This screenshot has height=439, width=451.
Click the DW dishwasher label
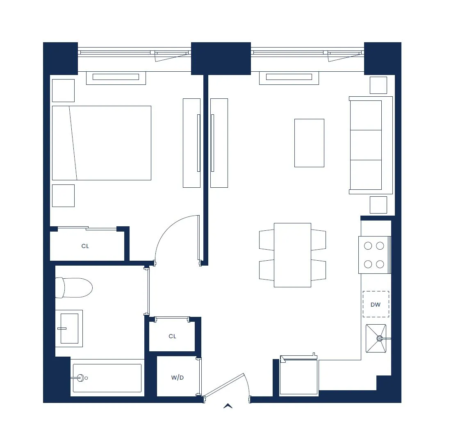[376, 305]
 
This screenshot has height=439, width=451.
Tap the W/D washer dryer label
[178, 378]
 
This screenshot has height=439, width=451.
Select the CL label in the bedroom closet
[85, 246]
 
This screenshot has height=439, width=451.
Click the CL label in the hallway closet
[172, 336]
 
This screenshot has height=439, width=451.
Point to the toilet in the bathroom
[74, 288]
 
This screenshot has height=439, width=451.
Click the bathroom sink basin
[69, 328]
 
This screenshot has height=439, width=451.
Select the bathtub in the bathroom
[107, 378]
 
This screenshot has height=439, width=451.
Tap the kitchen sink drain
[380, 339]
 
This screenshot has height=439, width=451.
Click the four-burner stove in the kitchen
[374, 255]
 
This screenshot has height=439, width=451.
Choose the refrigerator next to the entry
[299, 377]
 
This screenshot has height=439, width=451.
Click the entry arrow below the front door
[228, 406]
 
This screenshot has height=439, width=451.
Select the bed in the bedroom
[102, 143]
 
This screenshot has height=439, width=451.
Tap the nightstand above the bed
[63, 91]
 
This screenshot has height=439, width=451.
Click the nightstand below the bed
[63, 196]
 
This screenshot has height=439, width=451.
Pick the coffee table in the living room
[309, 143]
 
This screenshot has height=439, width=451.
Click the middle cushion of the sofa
[366, 145]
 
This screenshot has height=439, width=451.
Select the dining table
[292, 255]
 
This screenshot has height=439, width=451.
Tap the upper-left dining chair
[266, 239]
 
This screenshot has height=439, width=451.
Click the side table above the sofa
[378, 85]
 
